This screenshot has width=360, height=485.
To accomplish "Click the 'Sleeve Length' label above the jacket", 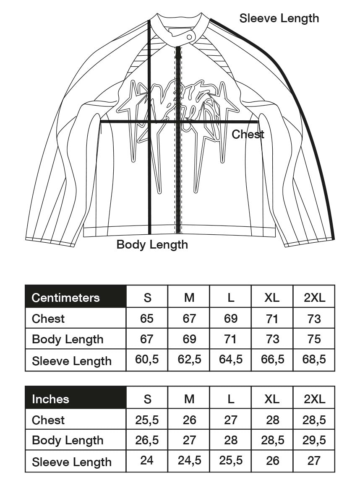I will tap(279, 18).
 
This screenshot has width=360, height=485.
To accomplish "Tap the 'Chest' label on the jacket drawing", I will tap(248, 135).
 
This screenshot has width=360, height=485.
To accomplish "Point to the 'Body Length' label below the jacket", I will tap(152, 244).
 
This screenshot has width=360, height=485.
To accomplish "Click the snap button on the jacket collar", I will tap(190, 37).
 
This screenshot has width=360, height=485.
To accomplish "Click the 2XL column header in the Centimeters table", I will tap(314, 298).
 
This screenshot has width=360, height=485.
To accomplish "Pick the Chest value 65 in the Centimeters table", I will tap(147, 319).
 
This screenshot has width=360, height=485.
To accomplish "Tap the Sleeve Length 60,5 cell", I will tap(147, 360).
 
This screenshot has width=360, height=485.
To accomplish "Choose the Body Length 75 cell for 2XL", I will tap(314, 339).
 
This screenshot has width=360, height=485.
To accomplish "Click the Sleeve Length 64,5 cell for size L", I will tap(231, 360).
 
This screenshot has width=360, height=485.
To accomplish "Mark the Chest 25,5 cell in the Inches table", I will tap(147, 420).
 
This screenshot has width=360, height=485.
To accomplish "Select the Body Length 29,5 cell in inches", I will tap(314, 440).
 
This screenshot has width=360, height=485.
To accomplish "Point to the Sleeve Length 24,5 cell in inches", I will tap(189, 461).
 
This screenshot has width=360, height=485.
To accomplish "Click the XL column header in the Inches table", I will tap(272, 399).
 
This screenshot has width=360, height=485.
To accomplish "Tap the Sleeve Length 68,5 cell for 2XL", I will tap(314, 360).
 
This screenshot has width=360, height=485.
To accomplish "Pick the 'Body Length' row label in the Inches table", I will tap(68, 440).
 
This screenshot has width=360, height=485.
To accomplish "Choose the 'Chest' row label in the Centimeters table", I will tap(48, 319).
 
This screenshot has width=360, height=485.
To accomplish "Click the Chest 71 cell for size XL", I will tap(272, 319).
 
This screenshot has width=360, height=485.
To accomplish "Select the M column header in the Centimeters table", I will tap(189, 298).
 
